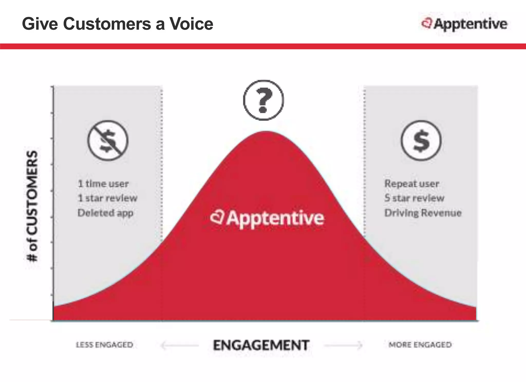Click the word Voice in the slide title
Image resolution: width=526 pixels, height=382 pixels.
pyautogui.click(x=191, y=24)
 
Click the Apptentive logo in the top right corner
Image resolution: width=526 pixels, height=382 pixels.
pyautogui.click(x=464, y=24)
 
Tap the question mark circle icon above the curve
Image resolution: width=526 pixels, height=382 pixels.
pyautogui.click(x=263, y=100)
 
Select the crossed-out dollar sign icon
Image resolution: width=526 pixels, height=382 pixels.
pyautogui.click(x=108, y=141)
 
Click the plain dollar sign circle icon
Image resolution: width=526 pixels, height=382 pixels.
pyautogui.click(x=421, y=141)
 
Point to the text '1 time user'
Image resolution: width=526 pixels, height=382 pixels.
pyautogui.click(x=103, y=184)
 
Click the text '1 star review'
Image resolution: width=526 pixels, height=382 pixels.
pyautogui.click(x=108, y=198)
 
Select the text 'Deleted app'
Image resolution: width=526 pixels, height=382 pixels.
pyautogui.click(x=105, y=213)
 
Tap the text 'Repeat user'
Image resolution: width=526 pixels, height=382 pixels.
pyautogui.click(x=412, y=184)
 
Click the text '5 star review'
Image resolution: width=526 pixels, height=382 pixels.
pyautogui.click(x=414, y=198)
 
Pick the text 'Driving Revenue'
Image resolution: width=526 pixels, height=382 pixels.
pyautogui.click(x=423, y=213)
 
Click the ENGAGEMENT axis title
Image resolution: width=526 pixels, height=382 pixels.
pyautogui.click(x=261, y=345)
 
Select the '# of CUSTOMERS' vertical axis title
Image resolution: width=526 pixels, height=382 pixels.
pyautogui.click(x=33, y=206)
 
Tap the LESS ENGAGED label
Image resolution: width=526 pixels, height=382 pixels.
pyautogui.click(x=105, y=345)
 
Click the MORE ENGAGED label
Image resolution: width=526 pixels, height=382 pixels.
pyautogui.click(x=420, y=345)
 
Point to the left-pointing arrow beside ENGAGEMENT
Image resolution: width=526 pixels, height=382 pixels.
pyautogui.click(x=179, y=346)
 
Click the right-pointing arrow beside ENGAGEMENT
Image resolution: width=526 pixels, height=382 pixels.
pyautogui.click(x=344, y=346)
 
